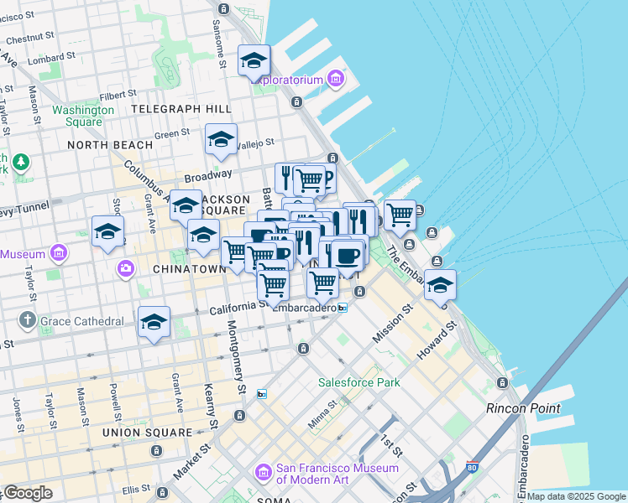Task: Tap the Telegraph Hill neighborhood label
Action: point(181,109)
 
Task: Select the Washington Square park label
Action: point(83,116)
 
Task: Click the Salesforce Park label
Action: point(358,382)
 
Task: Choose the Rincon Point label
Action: point(523,408)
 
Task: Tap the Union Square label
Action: point(147,433)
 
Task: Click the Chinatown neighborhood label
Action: point(190,269)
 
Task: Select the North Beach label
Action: point(110,145)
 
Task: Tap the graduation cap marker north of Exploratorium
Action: point(254,60)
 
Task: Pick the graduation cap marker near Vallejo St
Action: point(221,139)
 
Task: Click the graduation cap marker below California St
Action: point(154,322)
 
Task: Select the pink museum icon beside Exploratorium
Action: point(336,80)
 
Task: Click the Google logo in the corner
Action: point(27,493)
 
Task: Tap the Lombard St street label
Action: point(52,57)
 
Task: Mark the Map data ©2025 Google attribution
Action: point(576,496)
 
